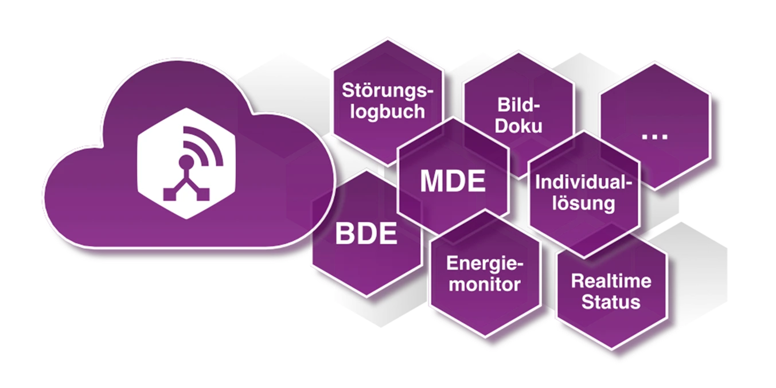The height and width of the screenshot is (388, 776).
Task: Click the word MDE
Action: [x=453, y=181]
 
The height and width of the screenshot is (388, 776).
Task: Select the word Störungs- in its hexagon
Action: [x=388, y=91]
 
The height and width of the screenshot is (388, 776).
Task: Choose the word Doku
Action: [x=518, y=126]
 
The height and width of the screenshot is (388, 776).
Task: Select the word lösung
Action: [x=583, y=203]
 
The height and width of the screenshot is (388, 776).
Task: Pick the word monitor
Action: [x=485, y=284]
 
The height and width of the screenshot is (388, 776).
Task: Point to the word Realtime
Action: [x=611, y=281]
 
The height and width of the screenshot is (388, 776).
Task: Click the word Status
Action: [x=611, y=301]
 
